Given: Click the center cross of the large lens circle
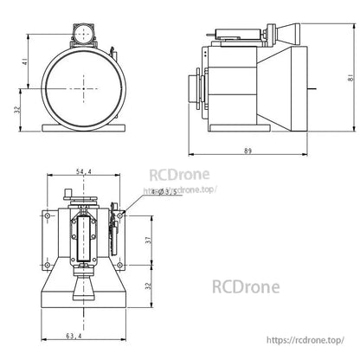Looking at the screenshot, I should tap(83, 87).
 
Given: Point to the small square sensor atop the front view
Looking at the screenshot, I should tap(83, 34).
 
